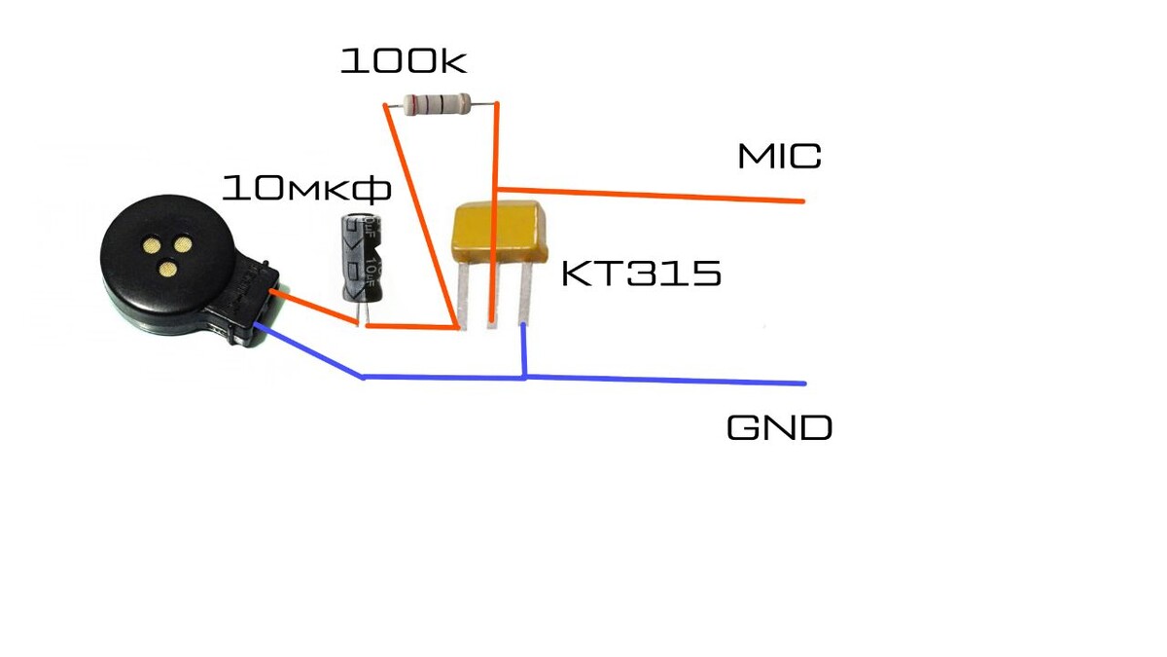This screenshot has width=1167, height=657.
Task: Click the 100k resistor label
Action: click(x=403, y=60)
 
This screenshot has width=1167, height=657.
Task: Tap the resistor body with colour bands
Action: click(x=438, y=102)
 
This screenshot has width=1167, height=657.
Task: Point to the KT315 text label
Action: click(x=641, y=274)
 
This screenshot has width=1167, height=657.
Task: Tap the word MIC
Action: click(x=779, y=156)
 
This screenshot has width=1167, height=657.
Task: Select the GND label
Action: click(x=779, y=427)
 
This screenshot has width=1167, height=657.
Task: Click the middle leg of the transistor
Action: click(x=493, y=297)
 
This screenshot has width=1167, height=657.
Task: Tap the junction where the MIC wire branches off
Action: click(x=497, y=188)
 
